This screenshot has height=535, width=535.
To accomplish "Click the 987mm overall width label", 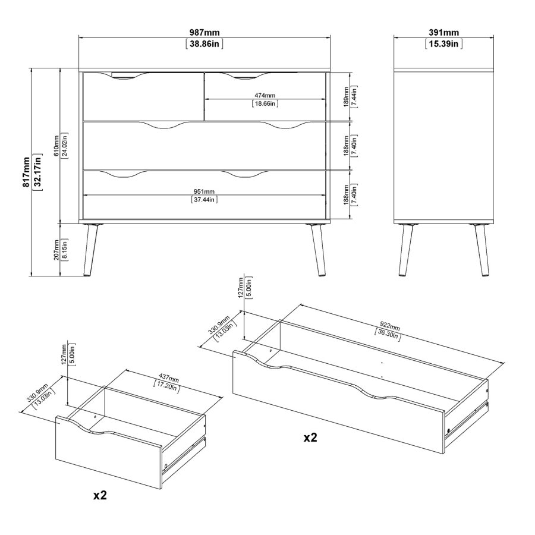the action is pos(204,33).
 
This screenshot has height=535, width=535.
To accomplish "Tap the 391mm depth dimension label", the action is pos(443,33).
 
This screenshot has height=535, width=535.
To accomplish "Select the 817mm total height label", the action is pos(26,172).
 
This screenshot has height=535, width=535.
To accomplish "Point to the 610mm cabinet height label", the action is pos(56,146).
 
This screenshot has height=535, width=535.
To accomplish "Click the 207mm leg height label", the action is pos(56,250).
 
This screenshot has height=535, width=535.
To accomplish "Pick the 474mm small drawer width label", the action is pos(265,96).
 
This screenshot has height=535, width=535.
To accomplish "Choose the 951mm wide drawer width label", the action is pos(204,192).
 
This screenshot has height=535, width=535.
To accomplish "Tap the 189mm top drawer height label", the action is pos(346,97).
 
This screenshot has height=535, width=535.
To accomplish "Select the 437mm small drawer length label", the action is pos(169,379).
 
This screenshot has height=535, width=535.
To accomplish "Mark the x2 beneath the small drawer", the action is pos(100,495).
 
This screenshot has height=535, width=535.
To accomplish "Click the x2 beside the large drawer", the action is pos(310,438).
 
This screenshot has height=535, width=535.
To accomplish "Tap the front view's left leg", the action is pos(90,250).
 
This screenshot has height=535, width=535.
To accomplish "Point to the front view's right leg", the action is pos(317,250).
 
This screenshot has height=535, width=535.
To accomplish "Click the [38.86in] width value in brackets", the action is pos(204,44).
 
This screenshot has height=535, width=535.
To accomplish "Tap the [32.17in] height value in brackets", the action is pos(37,172).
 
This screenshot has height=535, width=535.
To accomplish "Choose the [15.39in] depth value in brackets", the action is pos(443,44).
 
